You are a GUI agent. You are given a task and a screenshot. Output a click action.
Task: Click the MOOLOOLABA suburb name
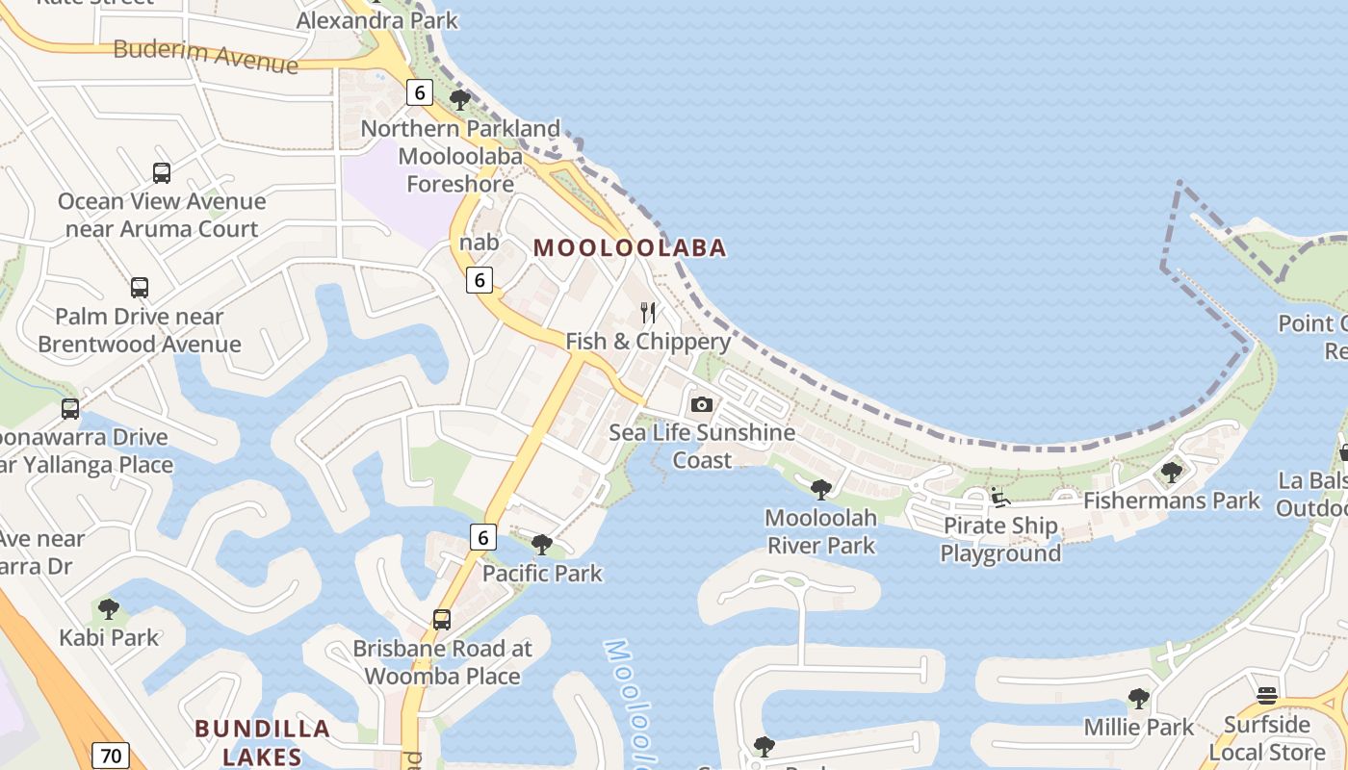click(630, 248)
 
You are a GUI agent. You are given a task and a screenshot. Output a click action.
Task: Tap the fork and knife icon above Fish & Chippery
click(648, 313)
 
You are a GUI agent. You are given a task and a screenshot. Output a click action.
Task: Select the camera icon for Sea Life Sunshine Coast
click(702, 404)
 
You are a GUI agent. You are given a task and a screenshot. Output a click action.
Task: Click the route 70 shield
click(111, 756)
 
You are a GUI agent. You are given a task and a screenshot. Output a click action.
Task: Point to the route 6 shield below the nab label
click(480, 280)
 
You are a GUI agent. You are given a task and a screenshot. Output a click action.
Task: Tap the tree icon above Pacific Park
click(542, 545)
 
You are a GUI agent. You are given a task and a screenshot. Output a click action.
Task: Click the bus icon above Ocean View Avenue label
click(162, 173)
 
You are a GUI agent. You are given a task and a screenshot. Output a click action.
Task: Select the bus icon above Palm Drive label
click(140, 288)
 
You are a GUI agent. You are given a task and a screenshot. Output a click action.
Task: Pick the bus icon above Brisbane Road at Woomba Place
click(442, 620)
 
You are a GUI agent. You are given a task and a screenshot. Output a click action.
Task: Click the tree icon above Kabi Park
click(109, 609)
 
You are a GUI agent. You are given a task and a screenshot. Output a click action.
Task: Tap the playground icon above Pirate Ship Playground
click(1000, 498)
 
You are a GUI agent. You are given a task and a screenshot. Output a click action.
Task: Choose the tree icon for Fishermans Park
click(1172, 473)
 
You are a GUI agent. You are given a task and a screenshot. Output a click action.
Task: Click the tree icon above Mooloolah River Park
click(821, 490)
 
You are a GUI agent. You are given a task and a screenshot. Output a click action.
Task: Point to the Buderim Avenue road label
click(205, 56)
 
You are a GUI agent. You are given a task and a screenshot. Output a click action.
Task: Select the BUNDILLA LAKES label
click(263, 742)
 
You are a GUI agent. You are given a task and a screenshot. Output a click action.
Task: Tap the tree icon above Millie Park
click(1139, 699)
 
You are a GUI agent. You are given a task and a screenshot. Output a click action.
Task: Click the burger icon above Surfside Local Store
click(1267, 696)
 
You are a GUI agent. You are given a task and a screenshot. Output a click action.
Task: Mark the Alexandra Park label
click(377, 20)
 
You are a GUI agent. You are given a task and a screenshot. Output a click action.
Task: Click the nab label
click(480, 243)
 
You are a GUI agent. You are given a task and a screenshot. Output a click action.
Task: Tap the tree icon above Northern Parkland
click(460, 99)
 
